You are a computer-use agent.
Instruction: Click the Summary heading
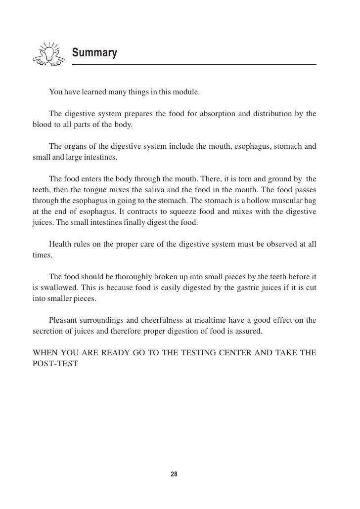(94, 52)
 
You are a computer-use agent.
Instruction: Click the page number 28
(174, 474)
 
